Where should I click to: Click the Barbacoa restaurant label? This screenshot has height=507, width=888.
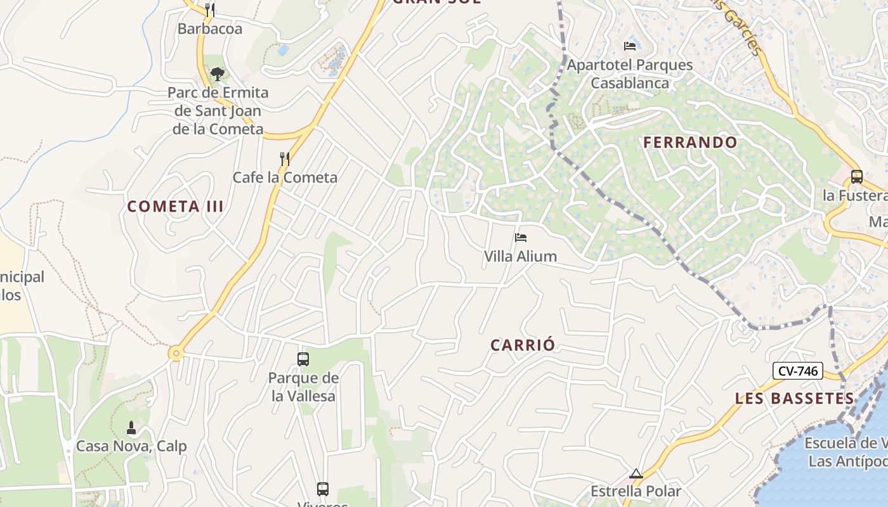tap(209, 29)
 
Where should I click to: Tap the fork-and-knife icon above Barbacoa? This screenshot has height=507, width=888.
tap(209, 10)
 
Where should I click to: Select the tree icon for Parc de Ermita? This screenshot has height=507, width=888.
tap(218, 74)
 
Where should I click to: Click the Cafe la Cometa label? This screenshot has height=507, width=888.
tap(285, 177)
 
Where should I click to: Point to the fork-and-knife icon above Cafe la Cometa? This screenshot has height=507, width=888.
tap(285, 158)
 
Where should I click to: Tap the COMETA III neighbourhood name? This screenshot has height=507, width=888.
tap(176, 207)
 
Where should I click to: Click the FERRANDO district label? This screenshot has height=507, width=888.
tap(691, 143)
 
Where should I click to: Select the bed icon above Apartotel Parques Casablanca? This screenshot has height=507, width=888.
tap(630, 46)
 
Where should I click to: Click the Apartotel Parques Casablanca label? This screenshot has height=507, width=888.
tap(630, 74)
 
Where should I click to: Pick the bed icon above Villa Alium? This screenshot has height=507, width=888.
tap(521, 238)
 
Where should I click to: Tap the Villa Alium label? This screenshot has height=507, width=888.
tap(521, 257)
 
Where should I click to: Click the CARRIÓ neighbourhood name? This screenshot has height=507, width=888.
tap(523, 345)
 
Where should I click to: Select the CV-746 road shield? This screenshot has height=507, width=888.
tap(797, 371)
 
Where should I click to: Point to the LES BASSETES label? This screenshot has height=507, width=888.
tap(795, 399)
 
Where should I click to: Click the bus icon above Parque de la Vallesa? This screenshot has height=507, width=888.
tap(303, 359)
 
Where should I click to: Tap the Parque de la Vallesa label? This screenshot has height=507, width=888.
tap(303, 387)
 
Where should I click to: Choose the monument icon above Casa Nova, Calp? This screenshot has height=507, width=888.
tap(131, 428)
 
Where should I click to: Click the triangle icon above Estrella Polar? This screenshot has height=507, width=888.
tap(636, 473)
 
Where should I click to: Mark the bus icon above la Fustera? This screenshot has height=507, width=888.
tap(856, 177)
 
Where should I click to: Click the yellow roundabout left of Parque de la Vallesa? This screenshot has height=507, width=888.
tap(176, 354)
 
